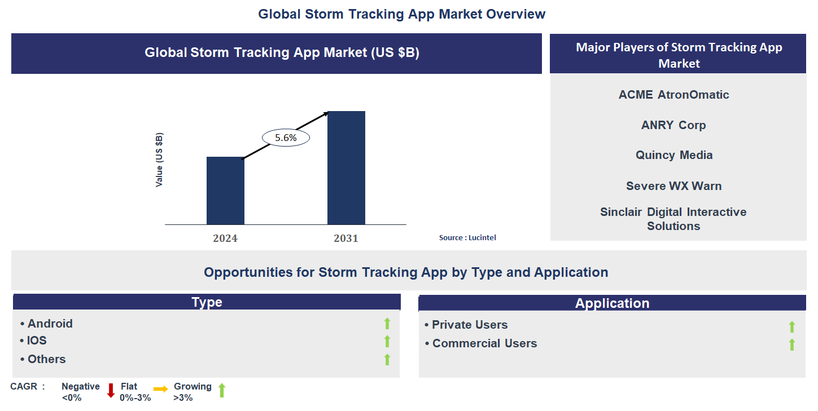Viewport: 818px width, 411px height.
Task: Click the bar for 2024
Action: (x=225, y=191)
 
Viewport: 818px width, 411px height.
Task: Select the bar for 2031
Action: (x=346, y=167)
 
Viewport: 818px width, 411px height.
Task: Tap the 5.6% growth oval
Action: (x=286, y=137)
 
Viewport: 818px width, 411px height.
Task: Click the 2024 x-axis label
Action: (x=225, y=238)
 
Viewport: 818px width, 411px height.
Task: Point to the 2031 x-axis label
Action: (x=346, y=238)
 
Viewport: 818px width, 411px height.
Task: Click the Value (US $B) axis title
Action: (x=159, y=160)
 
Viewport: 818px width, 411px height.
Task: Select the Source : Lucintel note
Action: (x=467, y=238)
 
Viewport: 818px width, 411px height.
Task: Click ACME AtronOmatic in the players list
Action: (x=673, y=95)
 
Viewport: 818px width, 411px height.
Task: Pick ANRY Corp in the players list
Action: (x=673, y=125)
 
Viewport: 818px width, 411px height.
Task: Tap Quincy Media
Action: (x=674, y=155)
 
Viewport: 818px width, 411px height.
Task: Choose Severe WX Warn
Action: (x=673, y=186)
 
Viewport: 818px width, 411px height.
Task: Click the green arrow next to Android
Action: (x=387, y=324)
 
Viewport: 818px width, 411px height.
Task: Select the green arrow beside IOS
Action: (x=387, y=341)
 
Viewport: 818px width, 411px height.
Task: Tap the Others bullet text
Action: (x=46, y=359)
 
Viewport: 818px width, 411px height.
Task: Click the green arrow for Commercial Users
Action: (x=792, y=344)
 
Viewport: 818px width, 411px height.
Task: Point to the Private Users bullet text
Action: (x=469, y=325)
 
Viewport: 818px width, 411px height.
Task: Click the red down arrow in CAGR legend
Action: (x=111, y=390)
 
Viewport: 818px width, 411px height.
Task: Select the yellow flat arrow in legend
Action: (x=161, y=389)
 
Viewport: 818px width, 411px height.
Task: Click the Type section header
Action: (x=207, y=302)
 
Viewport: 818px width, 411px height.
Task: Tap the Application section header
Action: (x=612, y=303)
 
